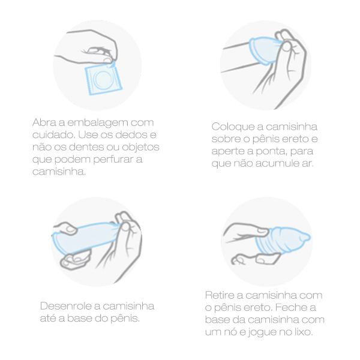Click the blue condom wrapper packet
103,79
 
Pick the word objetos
140,148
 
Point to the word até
47,318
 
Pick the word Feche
289,307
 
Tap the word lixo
304,332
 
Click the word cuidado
54,135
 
